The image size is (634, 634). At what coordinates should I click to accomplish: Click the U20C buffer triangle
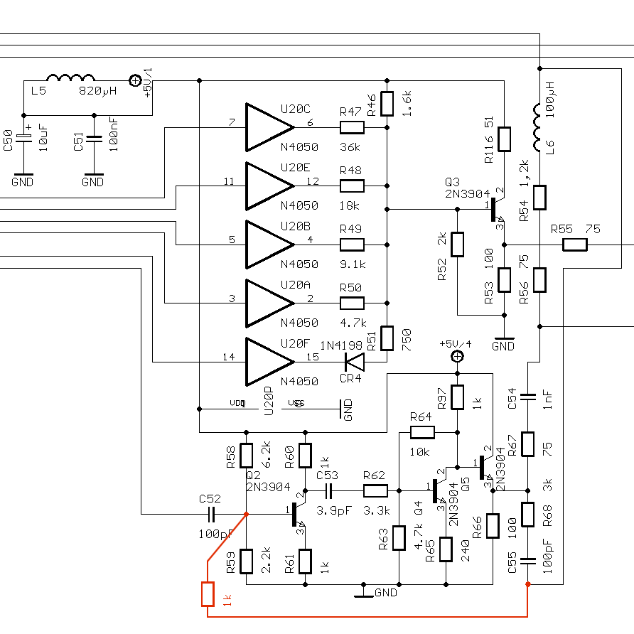point(267,127)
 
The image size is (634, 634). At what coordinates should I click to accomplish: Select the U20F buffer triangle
point(267,362)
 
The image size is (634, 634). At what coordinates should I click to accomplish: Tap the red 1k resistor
point(208,593)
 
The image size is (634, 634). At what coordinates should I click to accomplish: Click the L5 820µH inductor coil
point(70,79)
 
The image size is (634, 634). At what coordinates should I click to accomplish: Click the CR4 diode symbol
point(353,362)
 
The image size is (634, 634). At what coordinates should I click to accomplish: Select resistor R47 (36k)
point(352,127)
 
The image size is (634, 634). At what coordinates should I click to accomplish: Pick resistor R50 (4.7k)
point(352,303)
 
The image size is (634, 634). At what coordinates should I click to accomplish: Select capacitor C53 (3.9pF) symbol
point(329,490)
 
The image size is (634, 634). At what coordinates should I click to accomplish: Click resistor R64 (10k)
point(421,432)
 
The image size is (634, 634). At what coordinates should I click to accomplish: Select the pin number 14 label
point(229,357)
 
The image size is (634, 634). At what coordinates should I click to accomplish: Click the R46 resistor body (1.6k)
point(387,104)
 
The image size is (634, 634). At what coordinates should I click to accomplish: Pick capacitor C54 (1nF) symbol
point(527,395)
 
